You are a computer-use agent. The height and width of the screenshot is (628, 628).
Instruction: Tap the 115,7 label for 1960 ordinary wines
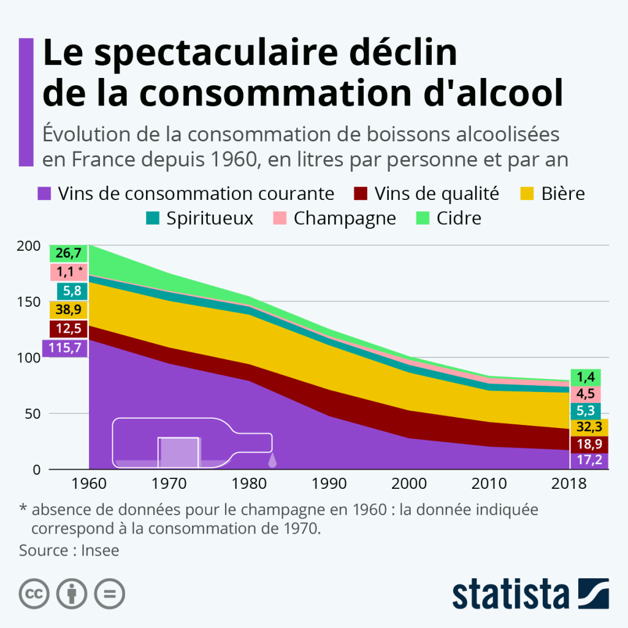click(65, 347)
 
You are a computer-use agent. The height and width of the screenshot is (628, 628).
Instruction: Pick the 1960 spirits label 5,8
click(69, 291)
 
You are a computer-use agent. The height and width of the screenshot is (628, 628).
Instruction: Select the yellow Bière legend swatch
click(527, 194)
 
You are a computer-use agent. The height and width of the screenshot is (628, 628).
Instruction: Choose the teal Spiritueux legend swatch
click(153, 218)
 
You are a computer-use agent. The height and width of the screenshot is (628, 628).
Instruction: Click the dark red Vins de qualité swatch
click(360, 194)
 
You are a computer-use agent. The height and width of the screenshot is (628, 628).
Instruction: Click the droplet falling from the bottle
click(273, 458)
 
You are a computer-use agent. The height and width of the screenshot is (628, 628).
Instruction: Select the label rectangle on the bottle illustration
click(178, 452)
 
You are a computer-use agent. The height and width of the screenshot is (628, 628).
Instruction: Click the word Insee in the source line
click(100, 550)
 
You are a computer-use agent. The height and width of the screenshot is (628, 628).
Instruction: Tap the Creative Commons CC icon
click(34, 594)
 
